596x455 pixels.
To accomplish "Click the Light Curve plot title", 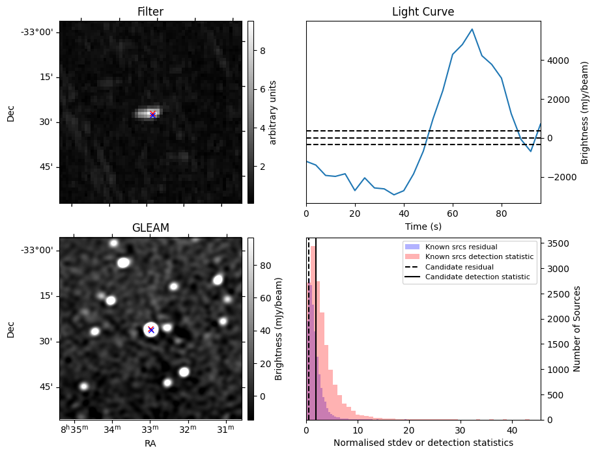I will click(x=423, y=12).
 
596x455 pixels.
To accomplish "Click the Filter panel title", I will click(x=150, y=12).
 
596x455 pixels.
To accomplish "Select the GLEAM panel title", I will click(x=150, y=228).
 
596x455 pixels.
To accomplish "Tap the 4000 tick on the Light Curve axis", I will click(x=560, y=61).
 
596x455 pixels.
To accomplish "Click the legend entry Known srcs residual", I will click(x=462, y=247).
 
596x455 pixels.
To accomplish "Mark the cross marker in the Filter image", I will click(x=152, y=115).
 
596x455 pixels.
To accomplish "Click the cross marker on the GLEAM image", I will click(x=150, y=329).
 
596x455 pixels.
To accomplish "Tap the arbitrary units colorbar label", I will click(x=274, y=113).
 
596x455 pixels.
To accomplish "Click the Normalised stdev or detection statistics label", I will click(x=423, y=443).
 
